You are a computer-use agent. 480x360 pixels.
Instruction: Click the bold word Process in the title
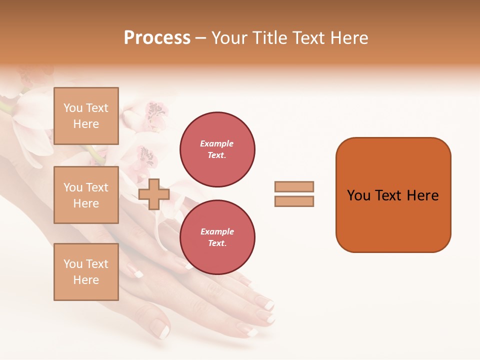coord(157,38)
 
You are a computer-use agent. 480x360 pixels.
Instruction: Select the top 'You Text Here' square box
coord(86,116)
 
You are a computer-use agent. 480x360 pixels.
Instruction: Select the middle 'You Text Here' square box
coord(86,195)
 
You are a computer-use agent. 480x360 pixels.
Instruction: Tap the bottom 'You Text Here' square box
coord(86,272)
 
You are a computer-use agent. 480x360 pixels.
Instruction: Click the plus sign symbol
coord(154,194)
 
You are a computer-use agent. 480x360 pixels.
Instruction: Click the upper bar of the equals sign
coord(294,186)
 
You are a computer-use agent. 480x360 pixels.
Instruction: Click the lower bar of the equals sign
coord(294,201)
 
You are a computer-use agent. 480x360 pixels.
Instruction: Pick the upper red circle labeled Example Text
coord(217,149)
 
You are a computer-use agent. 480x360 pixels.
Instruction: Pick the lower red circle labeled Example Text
coord(217,237)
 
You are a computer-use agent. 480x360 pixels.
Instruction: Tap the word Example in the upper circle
coord(216,144)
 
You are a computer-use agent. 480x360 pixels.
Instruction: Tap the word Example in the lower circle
coord(216,232)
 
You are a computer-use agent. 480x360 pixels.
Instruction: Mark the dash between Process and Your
coord(201,38)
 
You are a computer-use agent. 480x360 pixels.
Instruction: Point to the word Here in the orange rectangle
coord(422,195)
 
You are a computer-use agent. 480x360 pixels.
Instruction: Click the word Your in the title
coord(229,38)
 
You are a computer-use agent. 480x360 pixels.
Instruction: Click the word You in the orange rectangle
coord(358,195)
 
